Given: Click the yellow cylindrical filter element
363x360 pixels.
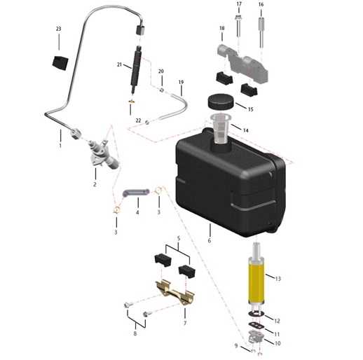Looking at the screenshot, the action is point(256,282).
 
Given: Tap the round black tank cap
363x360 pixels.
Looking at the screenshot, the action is point(221,102).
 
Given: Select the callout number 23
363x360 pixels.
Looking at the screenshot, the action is point(58,29).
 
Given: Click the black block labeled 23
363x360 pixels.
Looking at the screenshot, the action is point(60,62).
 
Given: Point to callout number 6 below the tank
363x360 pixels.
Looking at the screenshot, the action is point(210,240).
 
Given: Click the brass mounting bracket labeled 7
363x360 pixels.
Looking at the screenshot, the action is point(175,293).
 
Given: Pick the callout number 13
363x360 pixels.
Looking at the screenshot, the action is point(278,279).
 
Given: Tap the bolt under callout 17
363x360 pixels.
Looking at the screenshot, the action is point(238,26).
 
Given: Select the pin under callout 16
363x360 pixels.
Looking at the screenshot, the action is point(261,32).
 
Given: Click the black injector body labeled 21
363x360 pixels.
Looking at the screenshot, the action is point(137,69).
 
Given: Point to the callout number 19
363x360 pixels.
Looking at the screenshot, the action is point(181,82).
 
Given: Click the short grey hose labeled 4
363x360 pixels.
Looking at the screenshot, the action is point(136,193).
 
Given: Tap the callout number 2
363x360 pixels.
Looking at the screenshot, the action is point(95,184).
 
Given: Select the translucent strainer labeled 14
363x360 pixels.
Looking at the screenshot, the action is point(221,128).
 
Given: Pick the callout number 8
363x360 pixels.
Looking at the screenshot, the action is point(135,333).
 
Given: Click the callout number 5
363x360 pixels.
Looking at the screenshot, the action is point(179,238).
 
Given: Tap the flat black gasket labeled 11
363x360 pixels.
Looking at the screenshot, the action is point(256,325).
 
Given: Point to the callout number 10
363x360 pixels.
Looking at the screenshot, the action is point(278,343).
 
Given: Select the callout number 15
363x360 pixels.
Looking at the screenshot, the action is point(251,109).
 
